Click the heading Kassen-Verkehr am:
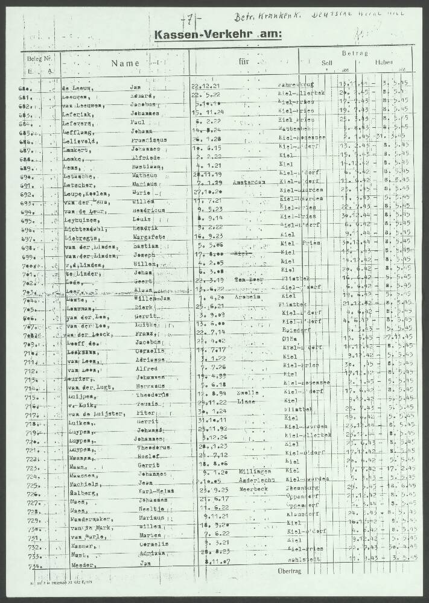[218, 35]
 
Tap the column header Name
[125, 63]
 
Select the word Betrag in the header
[354, 54]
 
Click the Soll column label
[327, 62]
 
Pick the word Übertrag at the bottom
[289, 570]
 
